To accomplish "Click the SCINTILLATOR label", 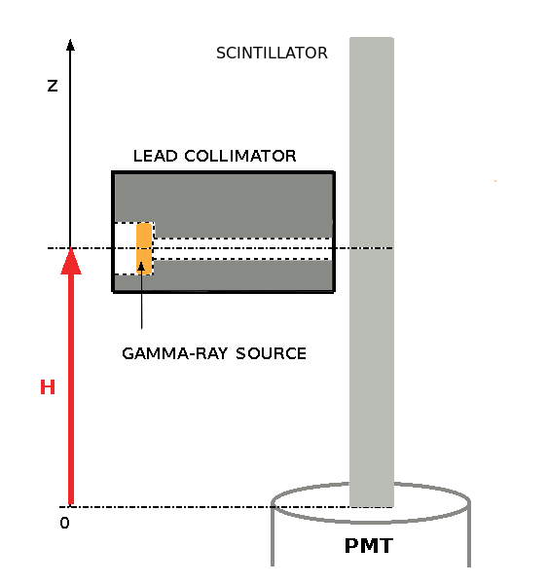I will click(272, 53).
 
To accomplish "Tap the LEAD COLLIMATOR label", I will click(214, 156).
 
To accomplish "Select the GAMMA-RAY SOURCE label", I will click(214, 353).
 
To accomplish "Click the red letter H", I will click(47, 387).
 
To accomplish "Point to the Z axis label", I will click(53, 86).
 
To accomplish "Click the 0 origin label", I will click(64, 523).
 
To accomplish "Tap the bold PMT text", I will click(369, 546).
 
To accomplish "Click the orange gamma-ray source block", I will click(144, 249).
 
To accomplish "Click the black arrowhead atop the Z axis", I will click(70, 45).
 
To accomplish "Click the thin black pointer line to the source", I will click(142, 302).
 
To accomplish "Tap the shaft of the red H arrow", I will click(70, 389).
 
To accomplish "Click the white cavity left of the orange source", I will click(125, 249).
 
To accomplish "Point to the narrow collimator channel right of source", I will click(243, 249).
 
